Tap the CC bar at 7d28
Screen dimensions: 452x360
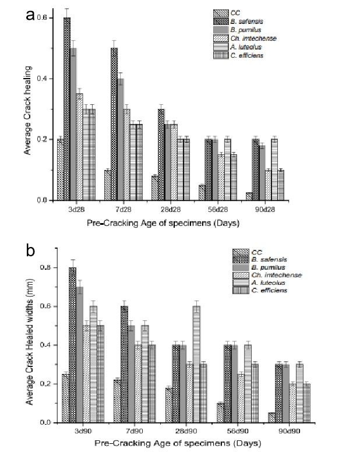[x=107, y=185]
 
